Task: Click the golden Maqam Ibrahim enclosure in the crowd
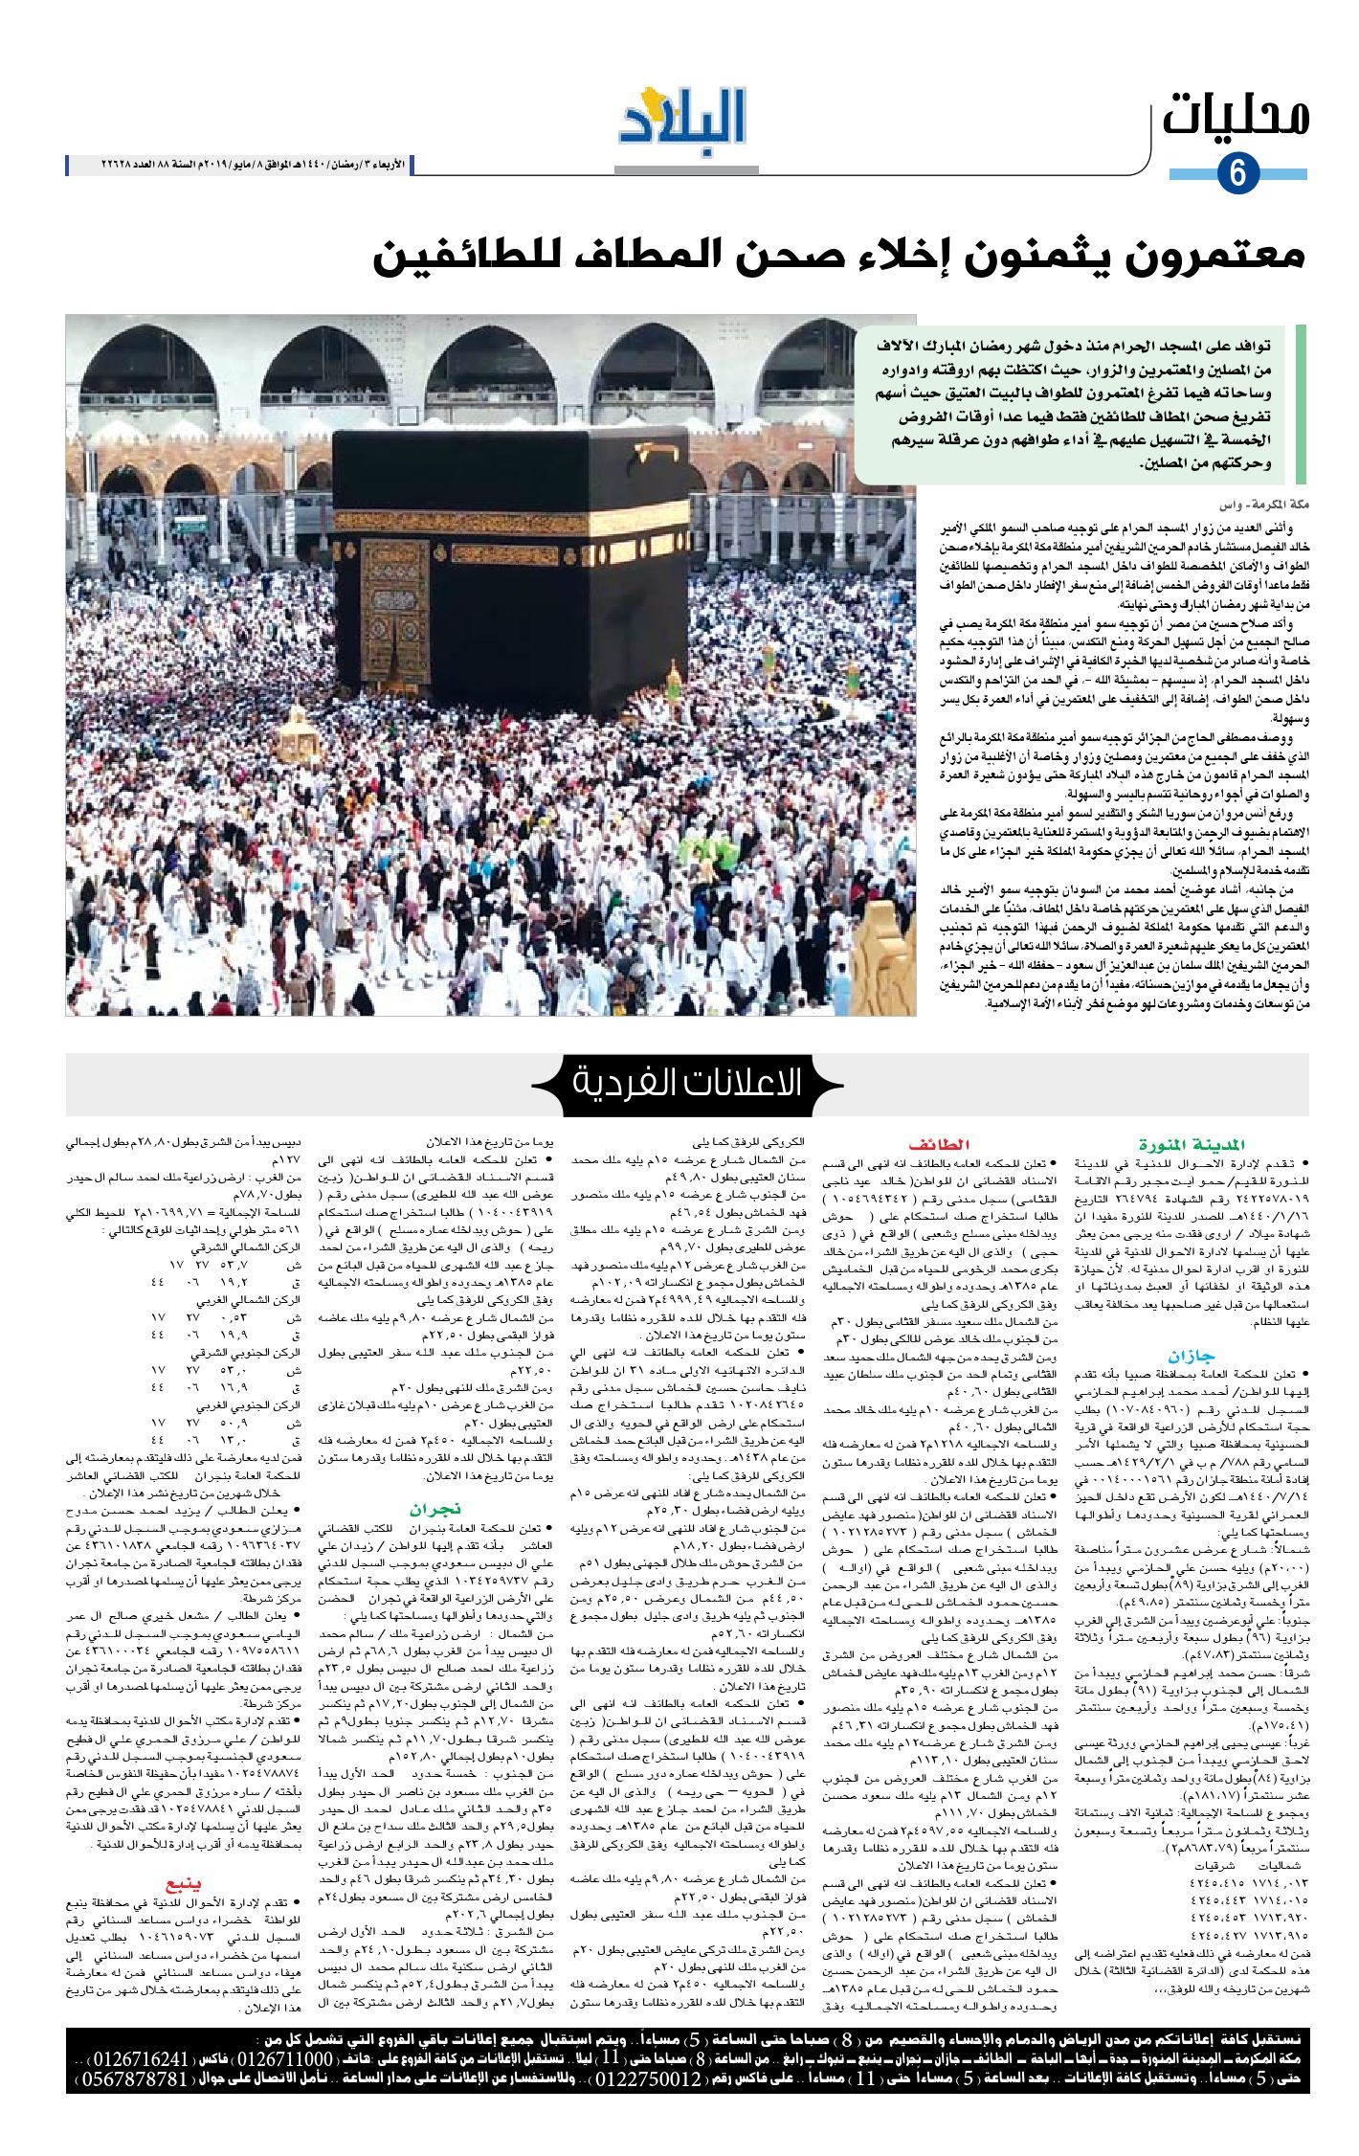[x=298, y=732]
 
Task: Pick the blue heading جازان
[x=1191, y=1356]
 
